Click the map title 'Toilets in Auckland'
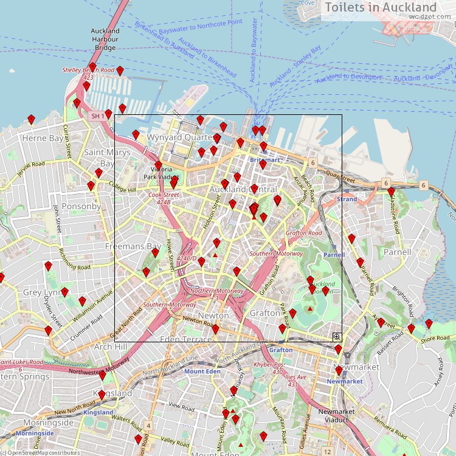(x=381, y=7)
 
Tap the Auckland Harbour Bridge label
(x=105, y=39)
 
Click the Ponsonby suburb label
(x=81, y=206)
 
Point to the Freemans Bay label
(x=133, y=246)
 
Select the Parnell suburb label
(x=397, y=252)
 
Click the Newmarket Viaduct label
(x=337, y=415)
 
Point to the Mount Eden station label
(x=202, y=371)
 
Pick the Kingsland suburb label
(x=114, y=393)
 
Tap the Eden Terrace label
(x=186, y=338)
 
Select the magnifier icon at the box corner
(x=336, y=336)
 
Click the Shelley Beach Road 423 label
(x=88, y=74)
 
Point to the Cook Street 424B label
(x=164, y=198)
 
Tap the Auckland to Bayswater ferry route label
(x=254, y=50)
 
